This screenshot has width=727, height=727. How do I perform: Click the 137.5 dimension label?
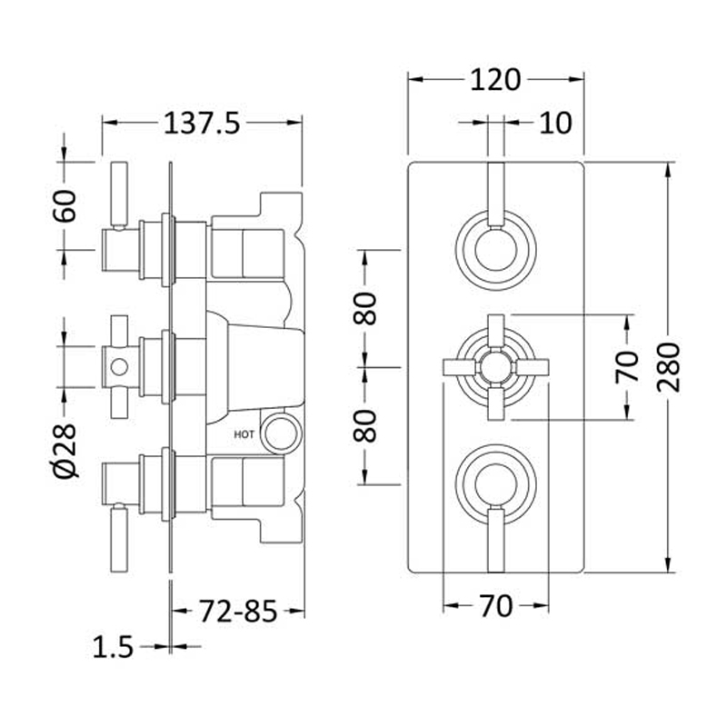click(202, 124)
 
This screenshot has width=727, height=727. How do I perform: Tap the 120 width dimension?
click(495, 80)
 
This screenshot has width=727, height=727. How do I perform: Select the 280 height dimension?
click(669, 367)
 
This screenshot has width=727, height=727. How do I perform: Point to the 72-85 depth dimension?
click(238, 611)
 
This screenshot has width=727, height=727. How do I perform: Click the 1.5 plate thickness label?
click(113, 646)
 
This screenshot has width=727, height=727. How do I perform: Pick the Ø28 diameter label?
click(64, 451)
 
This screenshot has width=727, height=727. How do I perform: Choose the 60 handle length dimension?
click(64, 206)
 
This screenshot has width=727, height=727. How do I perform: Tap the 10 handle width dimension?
click(555, 124)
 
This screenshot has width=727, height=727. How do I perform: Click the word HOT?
click(244, 434)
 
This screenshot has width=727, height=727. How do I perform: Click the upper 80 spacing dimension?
click(365, 308)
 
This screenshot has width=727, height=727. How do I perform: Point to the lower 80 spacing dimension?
click(365, 425)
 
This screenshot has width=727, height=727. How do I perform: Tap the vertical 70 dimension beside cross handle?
click(627, 367)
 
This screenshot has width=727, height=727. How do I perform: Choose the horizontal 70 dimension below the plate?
click(495, 606)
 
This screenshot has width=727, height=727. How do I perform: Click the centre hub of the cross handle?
click(495, 367)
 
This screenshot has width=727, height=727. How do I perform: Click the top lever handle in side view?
click(119, 195)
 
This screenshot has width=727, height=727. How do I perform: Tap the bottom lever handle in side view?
click(119, 538)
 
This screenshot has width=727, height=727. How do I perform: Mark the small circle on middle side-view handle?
click(119, 367)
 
